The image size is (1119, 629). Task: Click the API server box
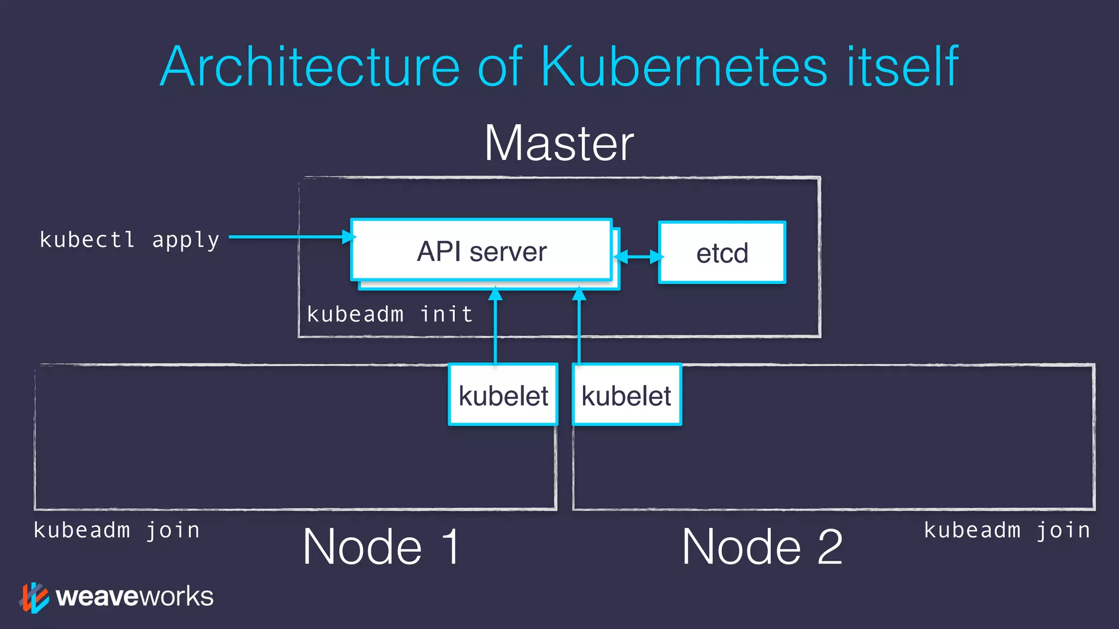[481, 251]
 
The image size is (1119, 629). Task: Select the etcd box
[722, 253]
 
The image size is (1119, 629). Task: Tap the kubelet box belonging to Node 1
[503, 395]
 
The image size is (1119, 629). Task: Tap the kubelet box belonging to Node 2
[626, 395]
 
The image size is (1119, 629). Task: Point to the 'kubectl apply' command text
[129, 239]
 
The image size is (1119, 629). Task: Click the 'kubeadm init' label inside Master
[390, 314]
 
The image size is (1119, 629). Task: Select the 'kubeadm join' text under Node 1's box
[116, 530]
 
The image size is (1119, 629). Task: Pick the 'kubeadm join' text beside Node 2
[1007, 530]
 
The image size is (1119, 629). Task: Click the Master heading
[559, 143]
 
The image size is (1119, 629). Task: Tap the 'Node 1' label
[381, 547]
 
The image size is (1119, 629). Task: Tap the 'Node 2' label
[762, 547]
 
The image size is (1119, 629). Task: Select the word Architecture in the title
[310, 67]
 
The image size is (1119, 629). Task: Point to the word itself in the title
[902, 67]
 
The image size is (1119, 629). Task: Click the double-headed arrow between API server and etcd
[638, 256]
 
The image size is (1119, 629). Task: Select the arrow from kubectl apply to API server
[290, 236]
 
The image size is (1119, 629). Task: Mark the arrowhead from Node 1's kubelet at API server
[495, 294]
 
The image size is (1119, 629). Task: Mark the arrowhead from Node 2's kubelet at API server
[579, 294]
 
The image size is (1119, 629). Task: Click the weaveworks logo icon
[34, 597]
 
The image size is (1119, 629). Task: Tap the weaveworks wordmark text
[134, 596]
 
